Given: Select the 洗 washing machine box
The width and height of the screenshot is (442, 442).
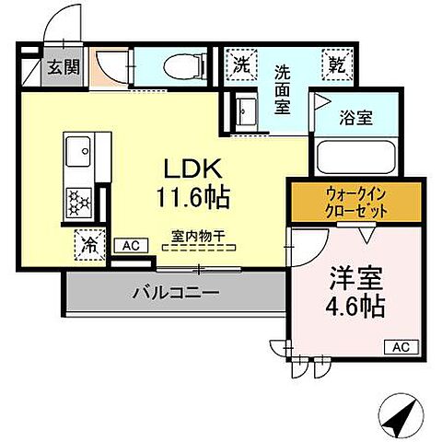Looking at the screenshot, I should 241,65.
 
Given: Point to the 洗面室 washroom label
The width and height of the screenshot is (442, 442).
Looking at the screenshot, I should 285,88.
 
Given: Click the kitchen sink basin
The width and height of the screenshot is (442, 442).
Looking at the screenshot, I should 78,148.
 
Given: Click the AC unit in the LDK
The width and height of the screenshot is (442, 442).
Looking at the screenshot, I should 131,246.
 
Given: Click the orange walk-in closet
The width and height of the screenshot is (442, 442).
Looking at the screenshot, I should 356,202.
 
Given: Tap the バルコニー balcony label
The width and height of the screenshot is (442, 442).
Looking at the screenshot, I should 175,294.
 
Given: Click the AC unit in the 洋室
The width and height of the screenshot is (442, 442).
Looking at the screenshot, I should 401,346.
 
